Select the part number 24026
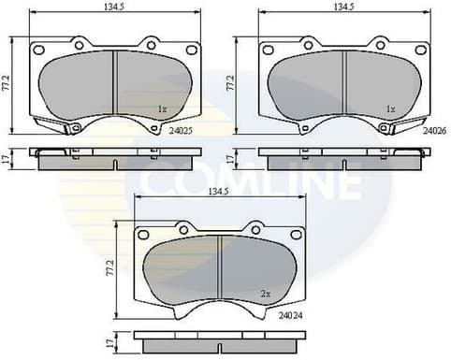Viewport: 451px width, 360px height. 433,132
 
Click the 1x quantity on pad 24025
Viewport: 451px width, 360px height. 162,109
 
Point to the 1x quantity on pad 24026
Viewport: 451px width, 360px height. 392,109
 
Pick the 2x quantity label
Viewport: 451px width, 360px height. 266,295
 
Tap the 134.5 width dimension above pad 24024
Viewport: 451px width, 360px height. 221,192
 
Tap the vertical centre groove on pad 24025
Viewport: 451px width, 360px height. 113,85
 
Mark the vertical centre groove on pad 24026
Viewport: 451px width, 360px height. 344,85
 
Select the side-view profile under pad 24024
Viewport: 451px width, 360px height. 219,340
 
